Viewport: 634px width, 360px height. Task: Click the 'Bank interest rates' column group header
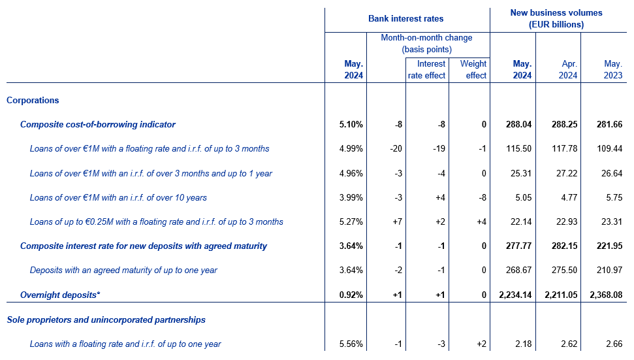pyautogui.click(x=405, y=18)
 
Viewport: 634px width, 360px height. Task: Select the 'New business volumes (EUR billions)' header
pyautogui.click(x=556, y=18)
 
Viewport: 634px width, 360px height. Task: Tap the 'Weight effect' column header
pyautogui.click(x=473, y=69)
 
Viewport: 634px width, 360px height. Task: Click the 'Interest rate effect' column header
pyautogui.click(x=426, y=69)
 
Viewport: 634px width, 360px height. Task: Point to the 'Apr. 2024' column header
pyautogui.click(x=568, y=69)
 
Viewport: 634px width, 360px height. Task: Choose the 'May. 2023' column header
pyautogui.click(x=613, y=69)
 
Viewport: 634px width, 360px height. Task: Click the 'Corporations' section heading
pyautogui.click(x=33, y=101)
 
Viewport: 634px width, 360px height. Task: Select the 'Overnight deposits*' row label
pyautogui.click(x=60, y=295)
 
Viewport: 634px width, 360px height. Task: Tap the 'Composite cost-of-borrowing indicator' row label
pyautogui.click(x=98, y=125)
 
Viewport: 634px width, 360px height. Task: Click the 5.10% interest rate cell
pyautogui.click(x=351, y=125)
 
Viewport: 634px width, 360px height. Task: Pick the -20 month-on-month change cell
pyautogui.click(x=396, y=149)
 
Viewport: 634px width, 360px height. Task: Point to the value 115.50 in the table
pyautogui.click(x=519, y=149)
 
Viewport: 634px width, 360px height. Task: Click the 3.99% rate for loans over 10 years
pyautogui.click(x=351, y=198)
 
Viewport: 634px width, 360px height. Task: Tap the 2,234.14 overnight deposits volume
pyautogui.click(x=515, y=295)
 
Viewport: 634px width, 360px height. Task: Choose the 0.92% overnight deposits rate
pyautogui.click(x=351, y=295)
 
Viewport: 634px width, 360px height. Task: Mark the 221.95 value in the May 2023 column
pyautogui.click(x=609, y=246)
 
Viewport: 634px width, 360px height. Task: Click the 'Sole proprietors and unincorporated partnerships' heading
pyautogui.click(x=106, y=320)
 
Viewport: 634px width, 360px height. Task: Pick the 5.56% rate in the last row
pyautogui.click(x=351, y=344)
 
